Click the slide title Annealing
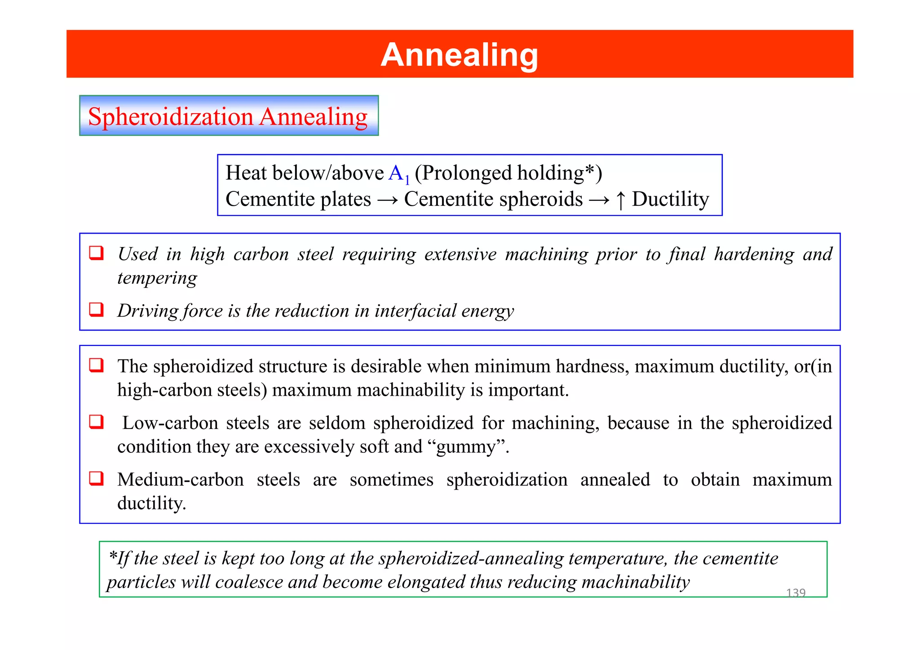click(x=459, y=55)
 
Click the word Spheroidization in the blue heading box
click(x=171, y=117)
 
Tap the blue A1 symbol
click(x=398, y=174)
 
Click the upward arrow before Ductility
click(x=620, y=200)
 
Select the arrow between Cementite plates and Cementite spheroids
click(x=387, y=200)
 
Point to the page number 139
click(x=796, y=593)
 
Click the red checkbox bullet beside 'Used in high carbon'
click(x=96, y=253)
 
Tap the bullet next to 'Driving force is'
click(x=96, y=310)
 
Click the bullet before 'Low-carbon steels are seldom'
click(x=96, y=422)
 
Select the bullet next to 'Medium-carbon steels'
click(x=96, y=478)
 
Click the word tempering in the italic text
click(x=157, y=278)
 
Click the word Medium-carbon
click(x=180, y=479)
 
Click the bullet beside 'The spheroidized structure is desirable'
click(x=96, y=365)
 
